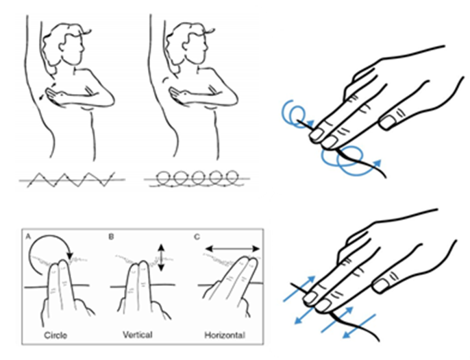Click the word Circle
tap(55, 335)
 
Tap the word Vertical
tap(138, 335)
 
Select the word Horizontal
tap(225, 335)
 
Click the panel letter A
tap(28, 237)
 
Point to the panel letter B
tap(111, 237)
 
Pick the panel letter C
tap(197, 237)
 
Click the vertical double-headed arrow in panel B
tap(161, 258)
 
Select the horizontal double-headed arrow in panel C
tap(233, 248)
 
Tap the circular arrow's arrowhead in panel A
tap(70, 256)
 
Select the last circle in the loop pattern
tap(232, 177)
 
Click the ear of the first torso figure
tap(62, 47)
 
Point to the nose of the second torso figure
tap(206, 47)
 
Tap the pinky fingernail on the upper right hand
tap(387, 122)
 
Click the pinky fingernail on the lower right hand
tap(380, 286)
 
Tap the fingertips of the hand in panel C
tap(252, 260)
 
